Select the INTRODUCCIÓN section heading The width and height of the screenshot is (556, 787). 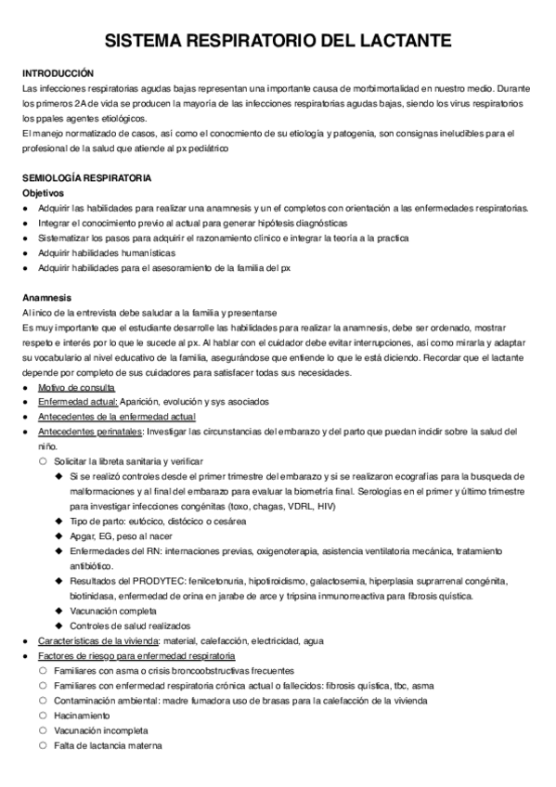click(58, 72)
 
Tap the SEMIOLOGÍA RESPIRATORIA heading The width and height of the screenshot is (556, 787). click(93, 177)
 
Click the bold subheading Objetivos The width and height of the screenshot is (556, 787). click(44, 192)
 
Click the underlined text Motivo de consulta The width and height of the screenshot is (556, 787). click(77, 387)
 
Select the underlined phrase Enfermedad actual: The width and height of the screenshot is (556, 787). click(78, 402)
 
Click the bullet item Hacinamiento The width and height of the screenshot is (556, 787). click(82, 716)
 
